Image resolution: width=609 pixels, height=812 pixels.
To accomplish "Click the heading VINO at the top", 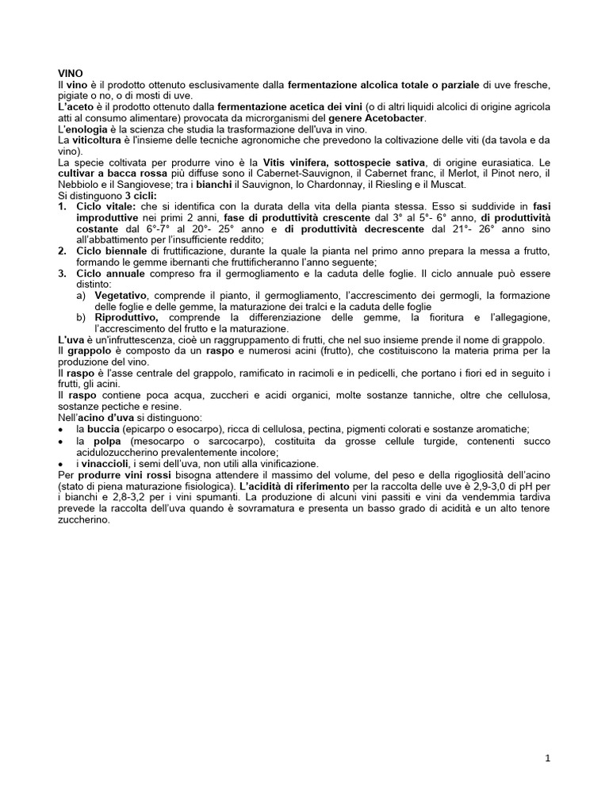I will [71, 72].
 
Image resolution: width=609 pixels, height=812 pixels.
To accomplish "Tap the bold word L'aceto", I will [76, 106].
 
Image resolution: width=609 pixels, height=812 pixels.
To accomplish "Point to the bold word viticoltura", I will [99, 140].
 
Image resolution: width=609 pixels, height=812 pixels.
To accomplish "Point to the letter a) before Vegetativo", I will [81, 295].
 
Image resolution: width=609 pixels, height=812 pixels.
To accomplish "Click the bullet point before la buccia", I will [62, 428].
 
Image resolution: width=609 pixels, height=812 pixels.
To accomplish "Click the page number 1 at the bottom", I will [548, 758].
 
